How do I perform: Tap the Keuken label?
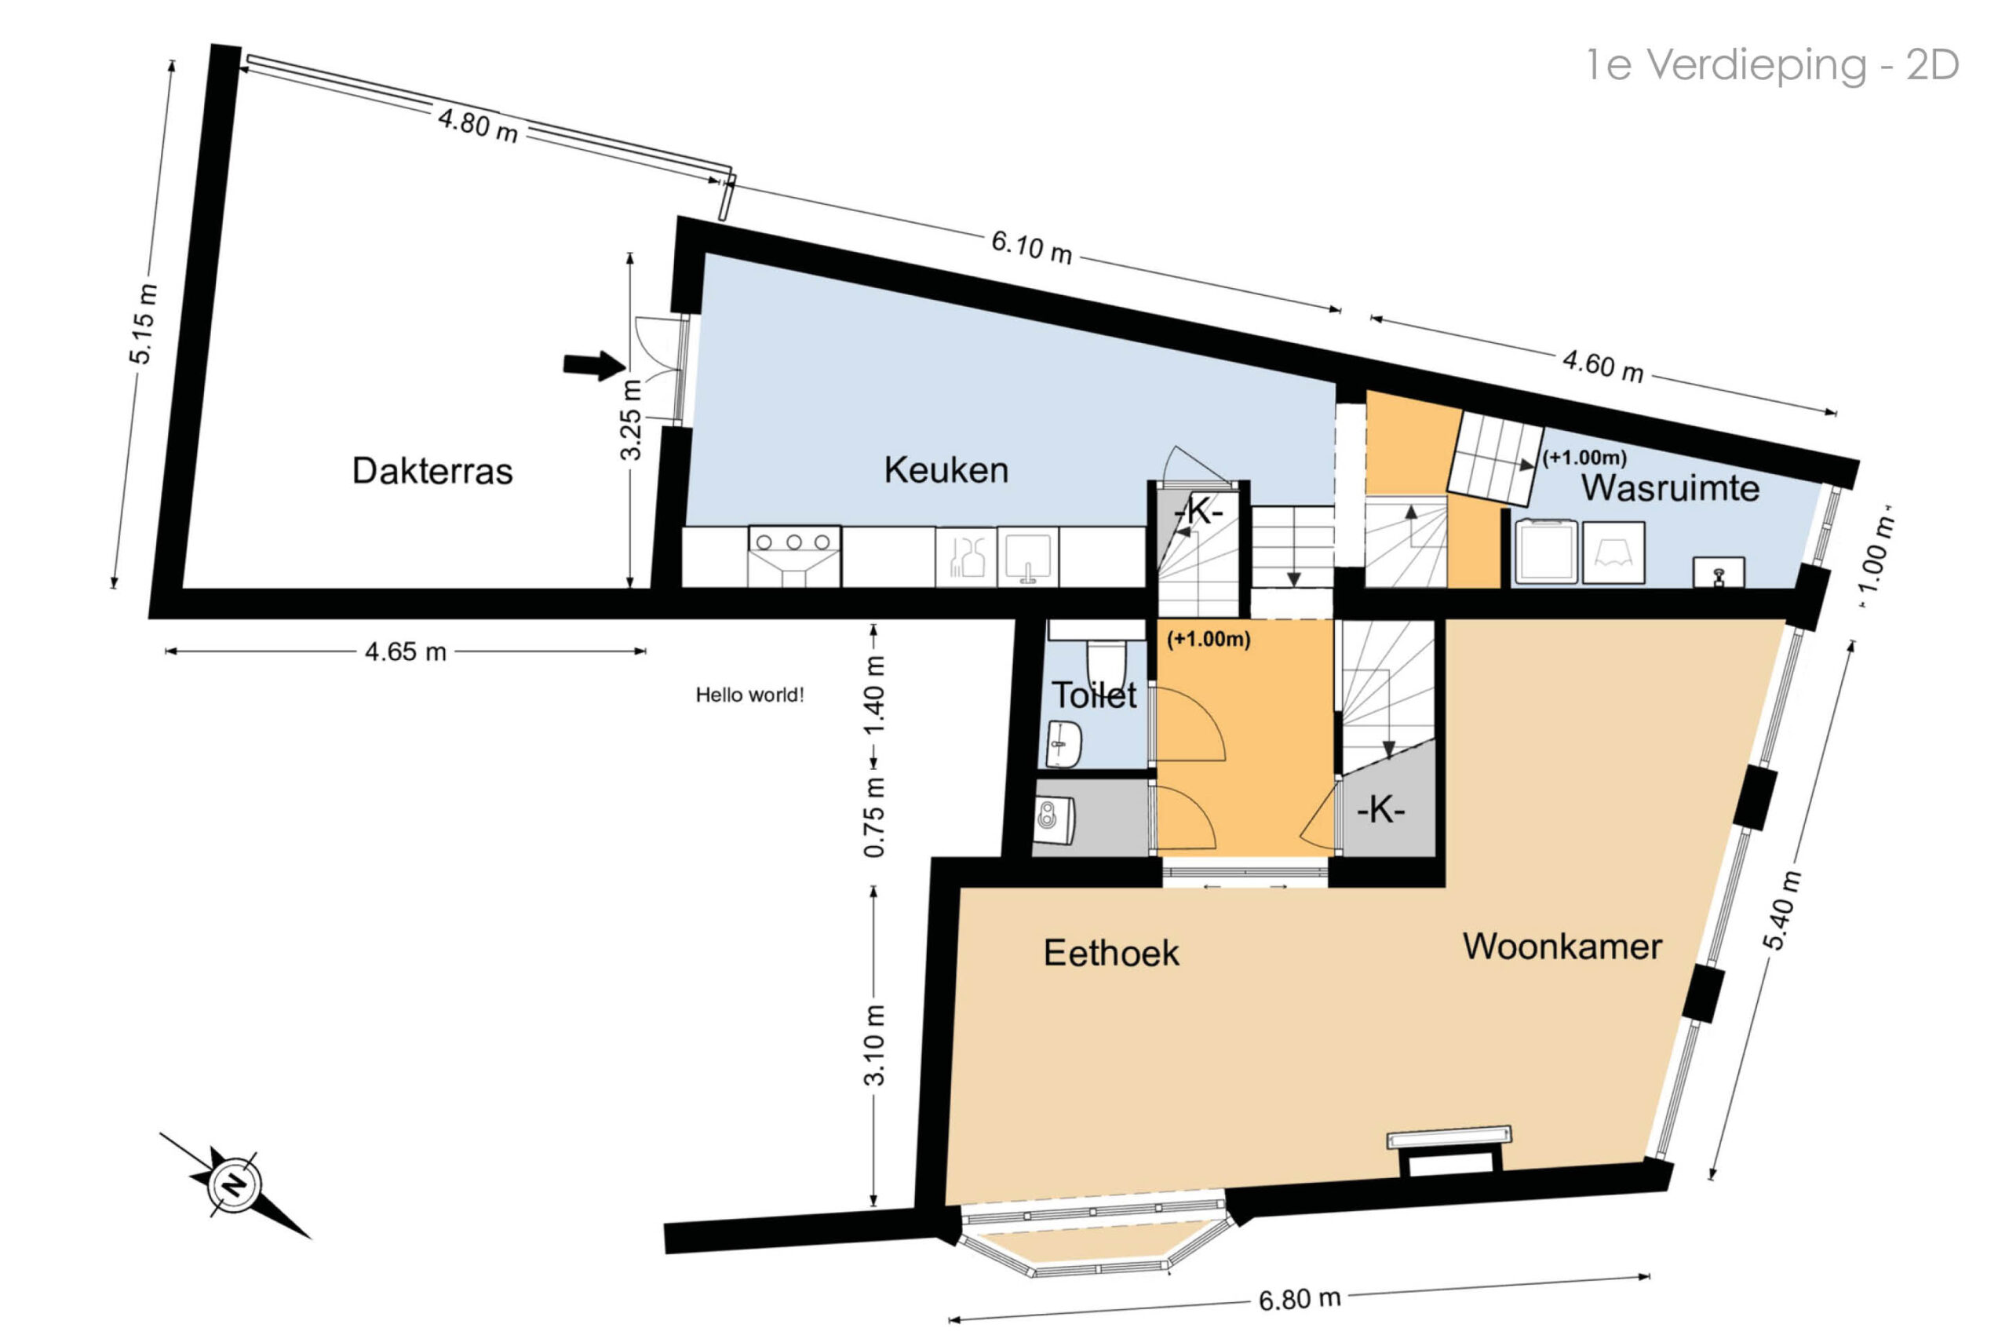(x=946, y=469)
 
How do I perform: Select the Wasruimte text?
(x=1670, y=487)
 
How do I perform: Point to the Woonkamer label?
(x=1562, y=947)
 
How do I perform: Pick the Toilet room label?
(x=1094, y=695)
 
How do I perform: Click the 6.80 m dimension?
(x=1300, y=1299)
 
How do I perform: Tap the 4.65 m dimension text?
(x=406, y=651)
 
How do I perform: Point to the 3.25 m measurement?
(x=630, y=420)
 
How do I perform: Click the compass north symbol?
(x=233, y=1184)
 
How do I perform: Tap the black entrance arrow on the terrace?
(x=594, y=366)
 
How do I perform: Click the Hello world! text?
(x=749, y=695)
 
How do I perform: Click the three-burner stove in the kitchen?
(x=794, y=556)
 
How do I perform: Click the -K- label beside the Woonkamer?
(x=1380, y=809)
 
